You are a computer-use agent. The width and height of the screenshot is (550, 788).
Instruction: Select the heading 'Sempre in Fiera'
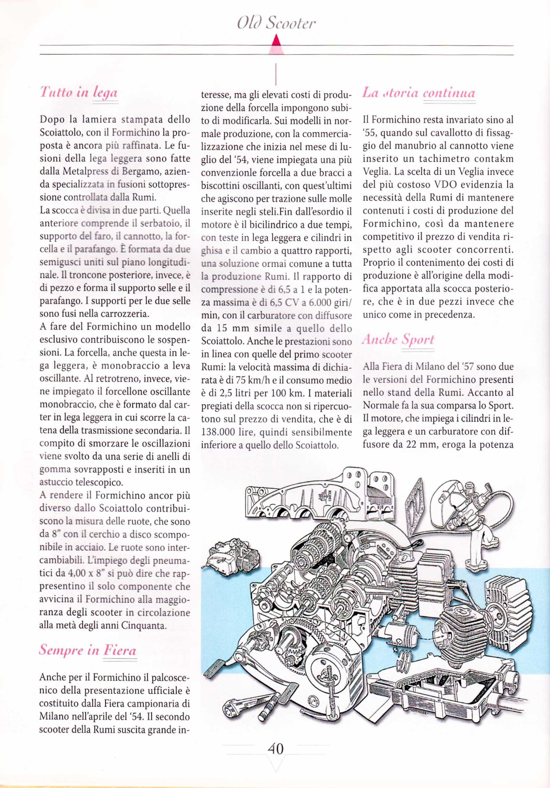[x=87, y=650]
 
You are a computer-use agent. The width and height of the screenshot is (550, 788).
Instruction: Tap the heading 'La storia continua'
[x=419, y=93]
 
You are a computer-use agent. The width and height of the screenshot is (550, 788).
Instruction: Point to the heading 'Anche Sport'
[x=398, y=340]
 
